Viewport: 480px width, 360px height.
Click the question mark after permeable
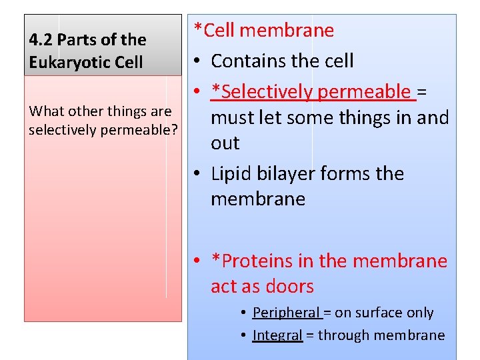click(174, 129)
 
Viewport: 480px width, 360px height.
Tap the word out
click(225, 143)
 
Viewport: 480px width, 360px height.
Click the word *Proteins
click(252, 261)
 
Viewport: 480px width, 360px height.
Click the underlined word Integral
click(277, 335)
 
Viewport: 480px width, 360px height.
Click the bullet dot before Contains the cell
click(199, 61)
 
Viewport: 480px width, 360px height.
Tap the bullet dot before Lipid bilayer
click(199, 175)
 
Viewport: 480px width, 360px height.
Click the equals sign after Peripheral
click(327, 313)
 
